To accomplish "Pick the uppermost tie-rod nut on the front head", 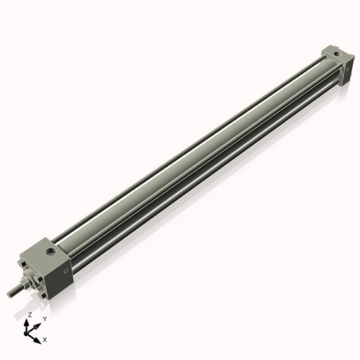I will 23,264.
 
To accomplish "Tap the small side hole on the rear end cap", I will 348,68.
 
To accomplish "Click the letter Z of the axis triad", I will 29,315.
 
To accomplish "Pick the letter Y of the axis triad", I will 44,318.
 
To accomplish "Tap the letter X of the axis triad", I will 45,338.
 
